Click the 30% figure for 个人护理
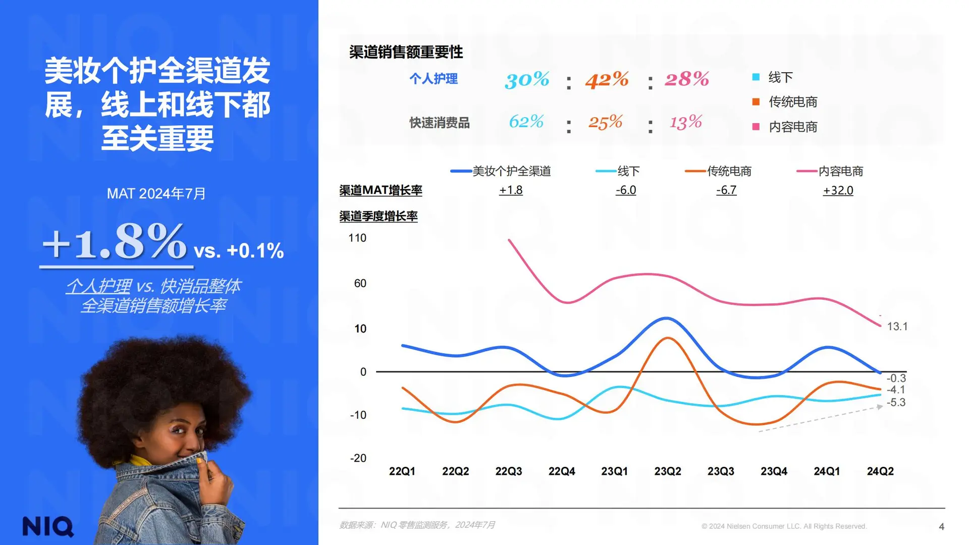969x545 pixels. (527, 79)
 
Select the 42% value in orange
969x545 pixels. (607, 79)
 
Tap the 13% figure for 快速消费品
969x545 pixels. (685, 122)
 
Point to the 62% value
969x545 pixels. (526, 122)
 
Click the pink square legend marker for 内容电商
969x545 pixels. (756, 127)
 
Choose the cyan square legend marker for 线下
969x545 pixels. (756, 77)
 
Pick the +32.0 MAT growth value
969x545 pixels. (838, 190)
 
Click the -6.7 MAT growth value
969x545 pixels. (726, 190)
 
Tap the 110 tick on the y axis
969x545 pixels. (357, 238)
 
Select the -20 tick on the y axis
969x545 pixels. (358, 458)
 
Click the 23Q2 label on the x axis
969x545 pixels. (668, 471)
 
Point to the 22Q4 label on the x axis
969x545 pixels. (562, 471)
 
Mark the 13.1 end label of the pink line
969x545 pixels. (897, 326)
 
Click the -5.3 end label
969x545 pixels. (896, 402)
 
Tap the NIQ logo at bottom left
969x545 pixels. (48, 526)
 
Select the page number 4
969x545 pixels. (941, 527)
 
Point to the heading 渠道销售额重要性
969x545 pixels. (406, 52)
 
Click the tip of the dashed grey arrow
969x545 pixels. (881, 406)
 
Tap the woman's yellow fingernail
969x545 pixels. (200, 460)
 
